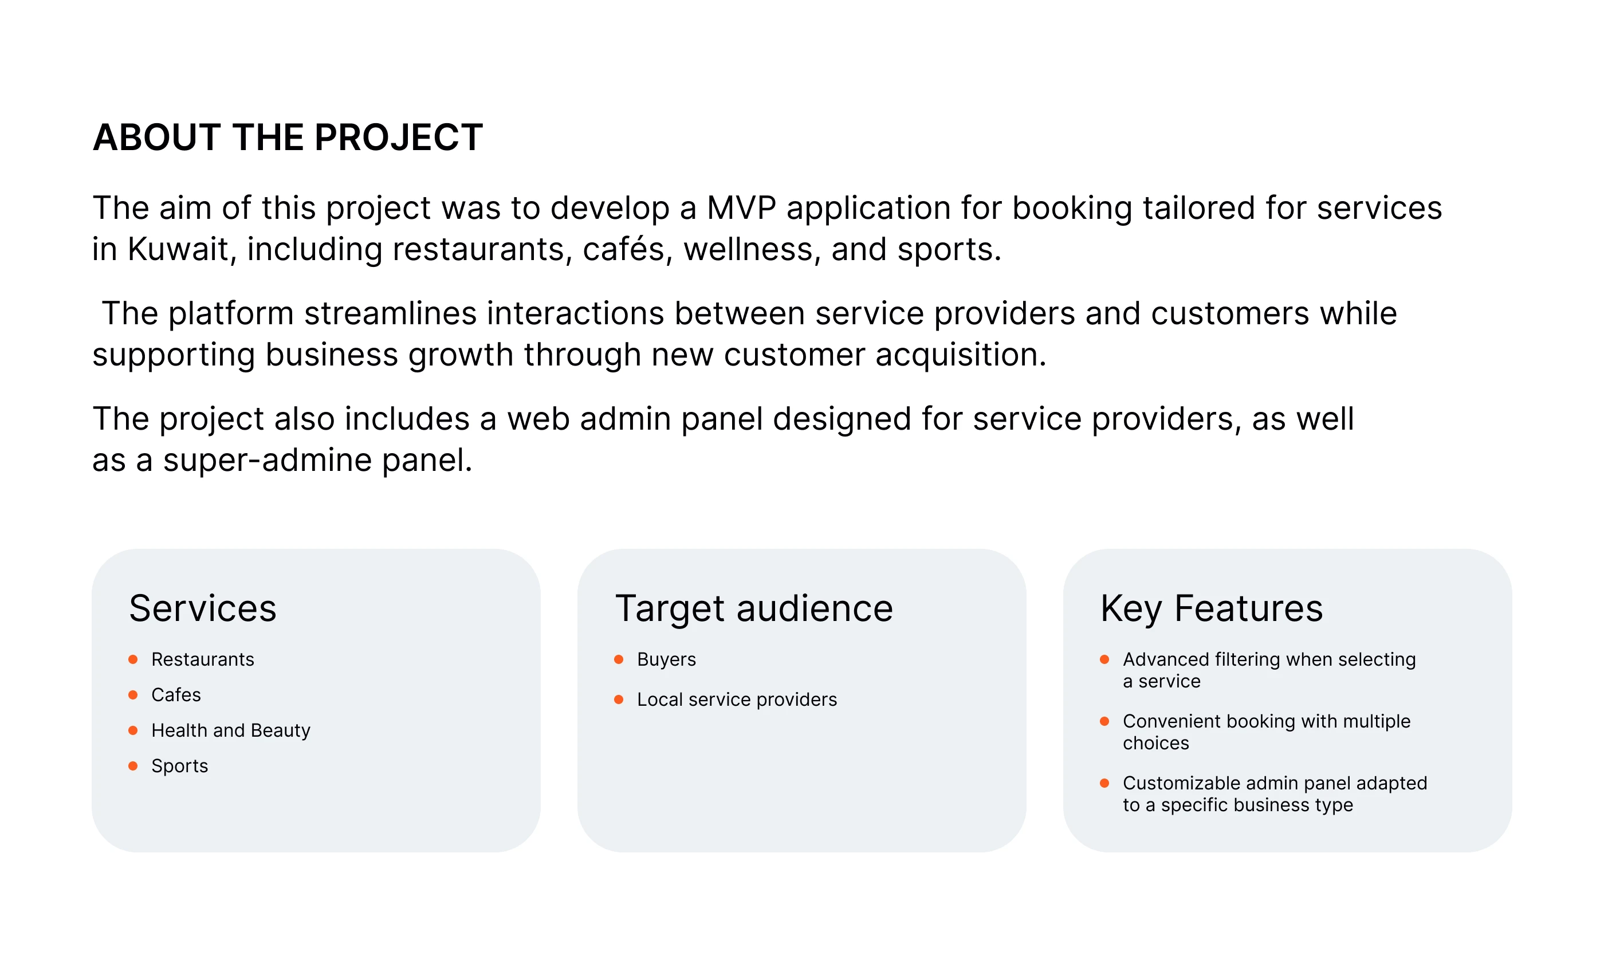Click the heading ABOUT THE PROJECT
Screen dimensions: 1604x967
[288, 137]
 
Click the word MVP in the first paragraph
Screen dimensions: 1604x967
[741, 208]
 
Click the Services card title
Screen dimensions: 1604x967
[202, 608]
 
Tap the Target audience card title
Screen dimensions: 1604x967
[754, 610]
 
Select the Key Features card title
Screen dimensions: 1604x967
[1212, 610]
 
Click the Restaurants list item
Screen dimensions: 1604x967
[202, 659]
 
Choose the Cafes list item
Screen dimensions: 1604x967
[176, 695]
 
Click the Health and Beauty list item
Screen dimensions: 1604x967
[230, 730]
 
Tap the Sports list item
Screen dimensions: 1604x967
[180, 766]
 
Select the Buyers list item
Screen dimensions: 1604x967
[666, 659]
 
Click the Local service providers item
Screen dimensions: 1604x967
[737, 699]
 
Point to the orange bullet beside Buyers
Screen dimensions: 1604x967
[619, 659]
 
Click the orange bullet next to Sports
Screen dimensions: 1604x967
[133, 766]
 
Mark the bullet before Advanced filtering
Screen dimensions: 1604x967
[1104, 659]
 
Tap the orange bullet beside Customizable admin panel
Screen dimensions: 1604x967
[1104, 783]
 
